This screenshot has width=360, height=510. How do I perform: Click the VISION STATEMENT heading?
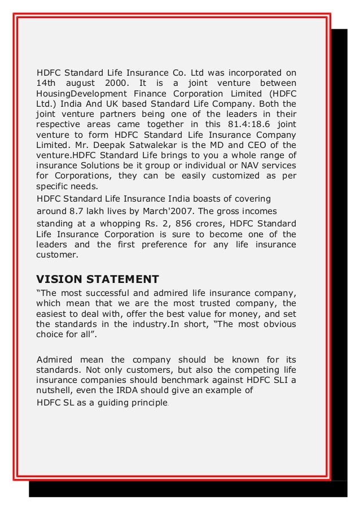[x=98, y=279]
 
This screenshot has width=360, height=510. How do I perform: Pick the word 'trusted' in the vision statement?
[x=219, y=304]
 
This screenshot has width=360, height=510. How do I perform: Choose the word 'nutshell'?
[x=52, y=390]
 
